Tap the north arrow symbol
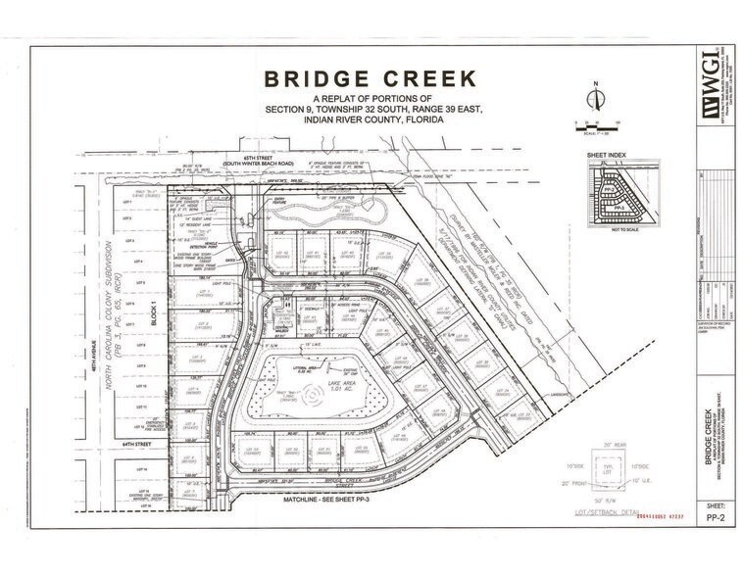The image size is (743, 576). click(595, 99)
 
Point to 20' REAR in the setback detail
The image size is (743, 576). click(610, 446)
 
